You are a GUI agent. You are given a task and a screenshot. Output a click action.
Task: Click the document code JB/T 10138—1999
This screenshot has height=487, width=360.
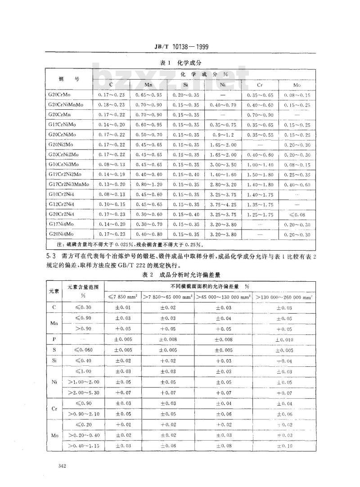pos(180,46)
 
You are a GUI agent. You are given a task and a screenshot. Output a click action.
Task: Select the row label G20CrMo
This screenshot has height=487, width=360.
pos(62,95)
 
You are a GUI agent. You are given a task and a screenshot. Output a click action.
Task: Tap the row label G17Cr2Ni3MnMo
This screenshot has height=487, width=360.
pos(68,185)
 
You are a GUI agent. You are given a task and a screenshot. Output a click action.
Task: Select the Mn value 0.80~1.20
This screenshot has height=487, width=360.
pos(148,185)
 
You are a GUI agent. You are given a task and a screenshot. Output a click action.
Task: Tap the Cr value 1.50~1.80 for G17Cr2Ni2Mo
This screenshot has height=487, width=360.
pos(260,175)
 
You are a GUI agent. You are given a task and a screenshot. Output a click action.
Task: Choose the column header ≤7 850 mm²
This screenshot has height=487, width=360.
pos(123,297)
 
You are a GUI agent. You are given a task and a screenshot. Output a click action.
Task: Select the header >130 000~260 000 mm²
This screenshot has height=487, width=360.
pos(283,297)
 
